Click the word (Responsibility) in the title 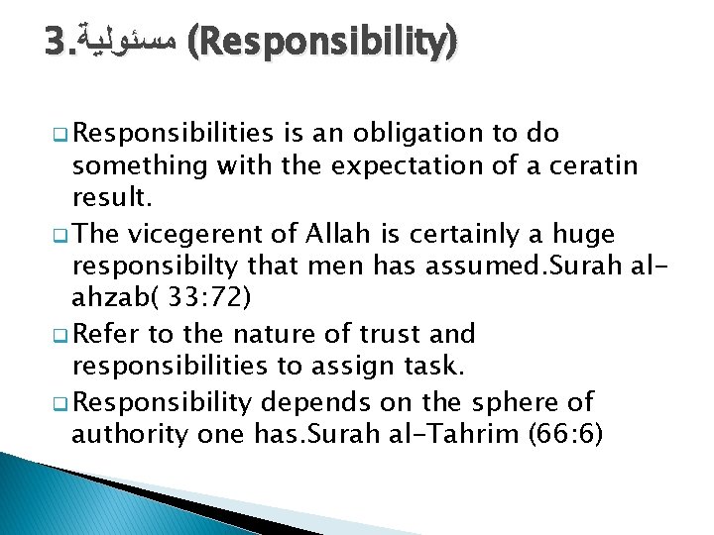(x=323, y=43)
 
